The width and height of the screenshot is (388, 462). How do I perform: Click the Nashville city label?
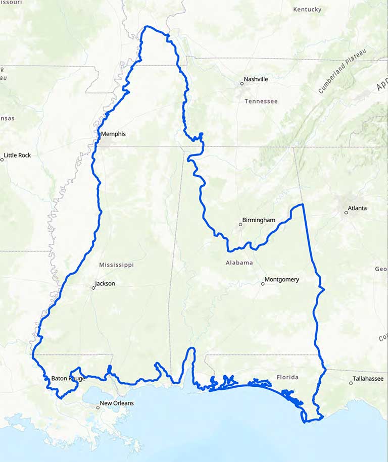point(256,79)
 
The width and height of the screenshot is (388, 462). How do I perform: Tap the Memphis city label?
point(113,134)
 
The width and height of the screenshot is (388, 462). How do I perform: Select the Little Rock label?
point(18,156)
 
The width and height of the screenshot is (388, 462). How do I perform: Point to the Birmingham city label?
point(259,220)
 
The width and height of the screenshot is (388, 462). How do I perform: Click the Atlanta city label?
point(357,208)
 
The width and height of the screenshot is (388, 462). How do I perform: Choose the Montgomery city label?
point(282,279)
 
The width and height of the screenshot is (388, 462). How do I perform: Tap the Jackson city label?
point(105,284)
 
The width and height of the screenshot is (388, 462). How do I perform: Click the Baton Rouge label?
point(68,378)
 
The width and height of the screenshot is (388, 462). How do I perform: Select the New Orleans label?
point(117,403)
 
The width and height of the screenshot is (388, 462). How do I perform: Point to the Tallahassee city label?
point(368,378)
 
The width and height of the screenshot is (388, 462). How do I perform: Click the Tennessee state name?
point(261,101)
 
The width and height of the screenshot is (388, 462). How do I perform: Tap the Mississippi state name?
point(116,265)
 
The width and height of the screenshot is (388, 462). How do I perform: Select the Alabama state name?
point(239,263)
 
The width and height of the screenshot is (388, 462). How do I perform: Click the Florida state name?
point(287,377)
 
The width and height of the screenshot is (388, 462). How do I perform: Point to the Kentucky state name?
point(307,10)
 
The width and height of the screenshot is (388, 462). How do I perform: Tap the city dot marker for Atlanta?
point(346,213)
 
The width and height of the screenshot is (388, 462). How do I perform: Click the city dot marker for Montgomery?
point(263,284)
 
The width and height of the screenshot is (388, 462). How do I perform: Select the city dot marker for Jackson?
point(93,288)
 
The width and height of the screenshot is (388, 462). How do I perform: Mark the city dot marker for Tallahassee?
point(351,383)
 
